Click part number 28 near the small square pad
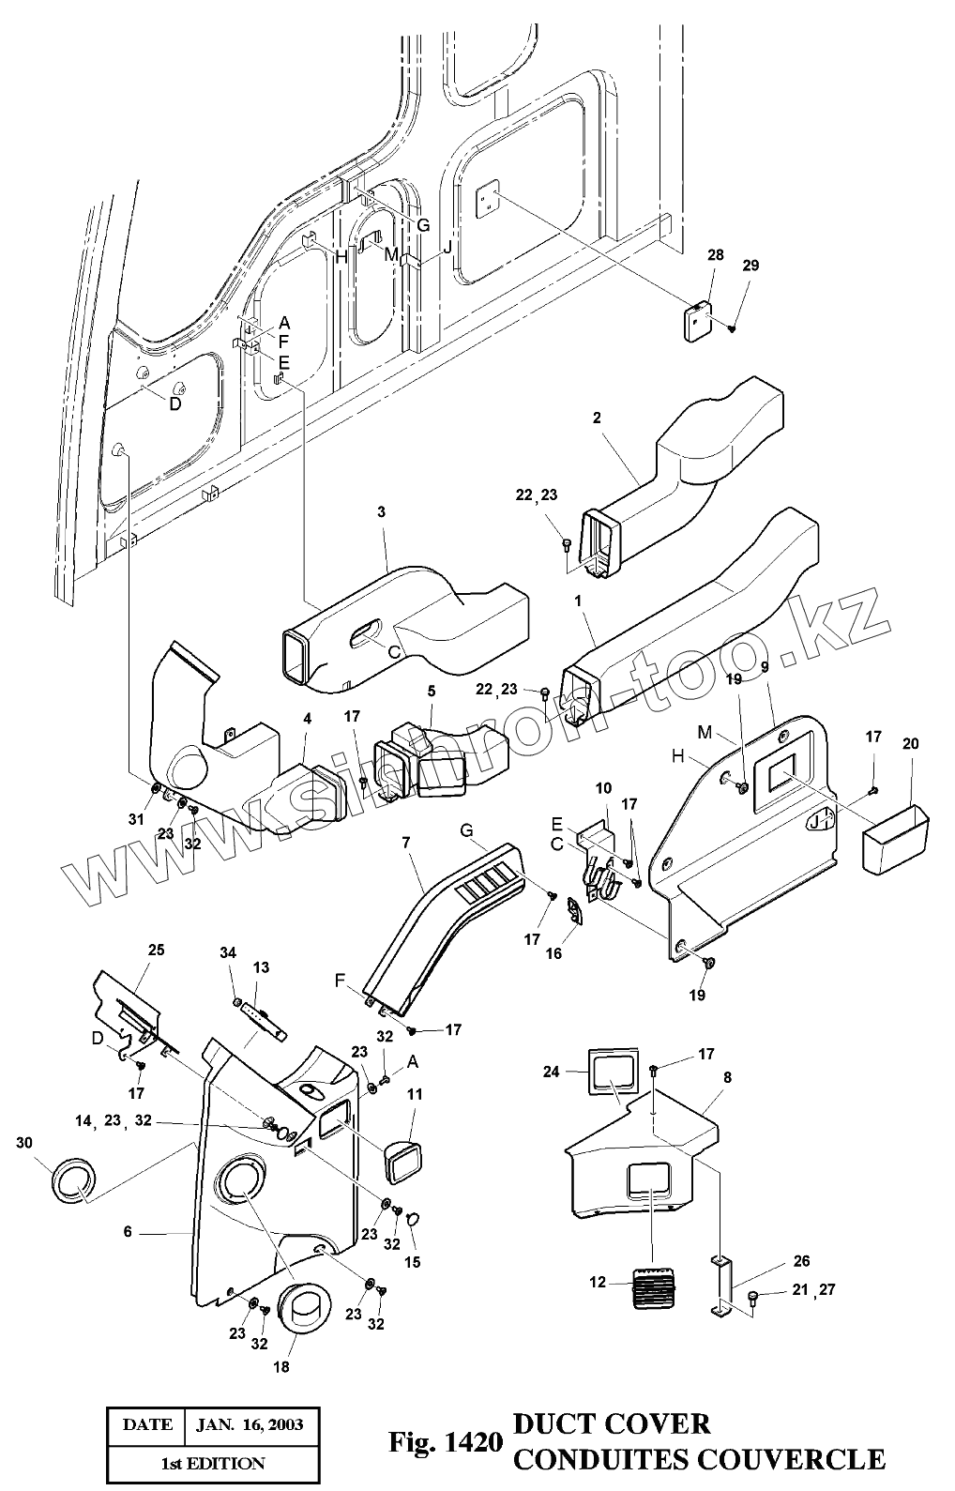pos(716,256)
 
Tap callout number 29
pos(750,265)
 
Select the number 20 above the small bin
pos(910,743)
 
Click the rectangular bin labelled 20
pos(896,839)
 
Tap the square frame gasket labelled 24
pos(614,1073)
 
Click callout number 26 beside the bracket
pos(801,1261)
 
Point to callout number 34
pos(228,953)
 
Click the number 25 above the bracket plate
pos(156,950)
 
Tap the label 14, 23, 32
pos(114,1121)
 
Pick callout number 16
pos(553,953)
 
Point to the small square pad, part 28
pos(697,321)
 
